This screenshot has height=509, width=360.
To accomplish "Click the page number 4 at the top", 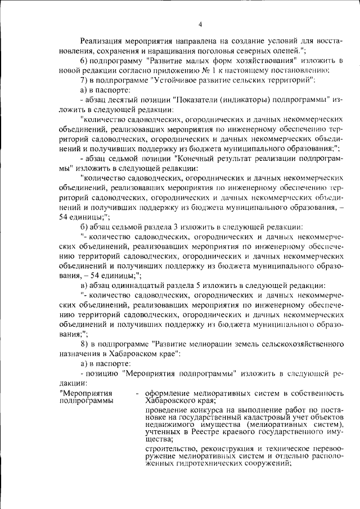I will [201, 24].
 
